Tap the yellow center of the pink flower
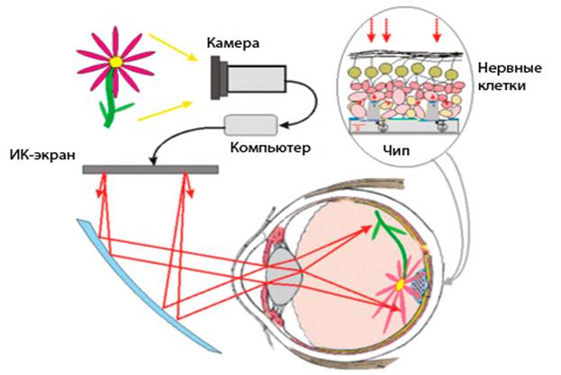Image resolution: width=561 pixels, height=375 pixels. point(115,61)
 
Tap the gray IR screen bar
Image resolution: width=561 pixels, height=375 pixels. point(149,168)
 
